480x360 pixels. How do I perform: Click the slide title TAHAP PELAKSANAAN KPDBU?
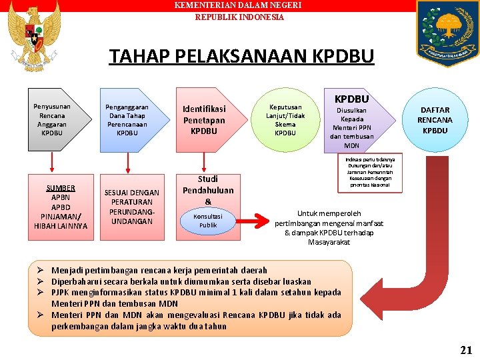pos(241,56)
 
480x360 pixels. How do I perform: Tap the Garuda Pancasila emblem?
pos(33,37)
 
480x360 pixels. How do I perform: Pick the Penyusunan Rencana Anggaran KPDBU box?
pos(53,119)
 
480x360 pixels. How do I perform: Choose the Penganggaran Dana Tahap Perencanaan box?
pos(129,119)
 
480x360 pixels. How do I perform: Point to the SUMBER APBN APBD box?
pos(61,207)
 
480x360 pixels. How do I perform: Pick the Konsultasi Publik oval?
pos(208,220)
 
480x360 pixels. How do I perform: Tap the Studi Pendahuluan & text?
pos(208,189)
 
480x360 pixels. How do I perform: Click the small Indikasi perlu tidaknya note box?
pos(370,173)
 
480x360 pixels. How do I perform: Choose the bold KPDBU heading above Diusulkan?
pos(351,99)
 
